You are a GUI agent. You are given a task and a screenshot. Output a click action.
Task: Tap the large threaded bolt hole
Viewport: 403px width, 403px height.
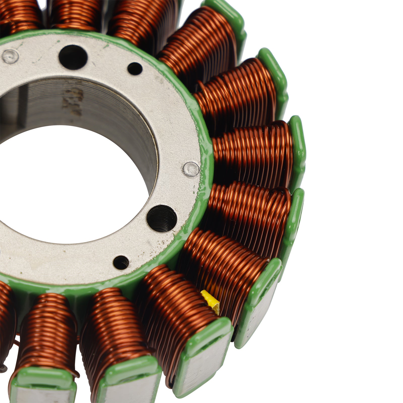point(162,218)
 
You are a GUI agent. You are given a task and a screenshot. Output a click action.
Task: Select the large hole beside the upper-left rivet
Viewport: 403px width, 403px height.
point(73,57)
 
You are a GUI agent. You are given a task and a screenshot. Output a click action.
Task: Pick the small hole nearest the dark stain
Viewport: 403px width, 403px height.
point(135,69)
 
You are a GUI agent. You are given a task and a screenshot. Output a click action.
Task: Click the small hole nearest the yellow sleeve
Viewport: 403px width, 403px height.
point(121,262)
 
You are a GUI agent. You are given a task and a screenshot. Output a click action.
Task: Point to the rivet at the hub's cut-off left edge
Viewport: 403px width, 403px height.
point(10,56)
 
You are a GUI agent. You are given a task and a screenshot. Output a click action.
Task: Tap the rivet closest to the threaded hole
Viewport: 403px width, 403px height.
point(191,169)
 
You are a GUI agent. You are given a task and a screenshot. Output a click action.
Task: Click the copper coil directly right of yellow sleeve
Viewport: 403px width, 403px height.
point(227,264)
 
